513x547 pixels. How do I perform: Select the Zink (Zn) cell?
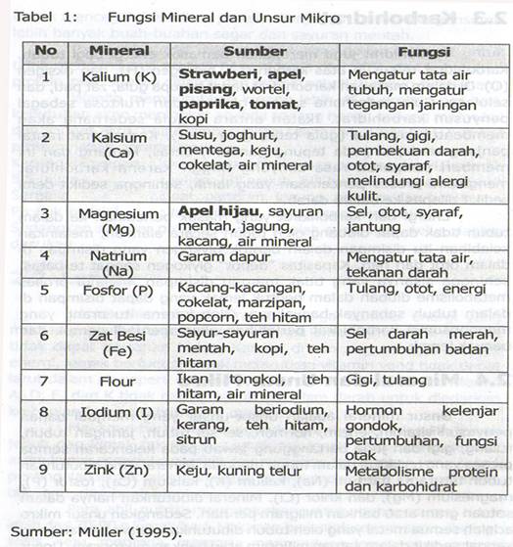118,469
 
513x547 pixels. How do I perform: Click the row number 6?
44,336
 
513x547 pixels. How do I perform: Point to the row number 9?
44,469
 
